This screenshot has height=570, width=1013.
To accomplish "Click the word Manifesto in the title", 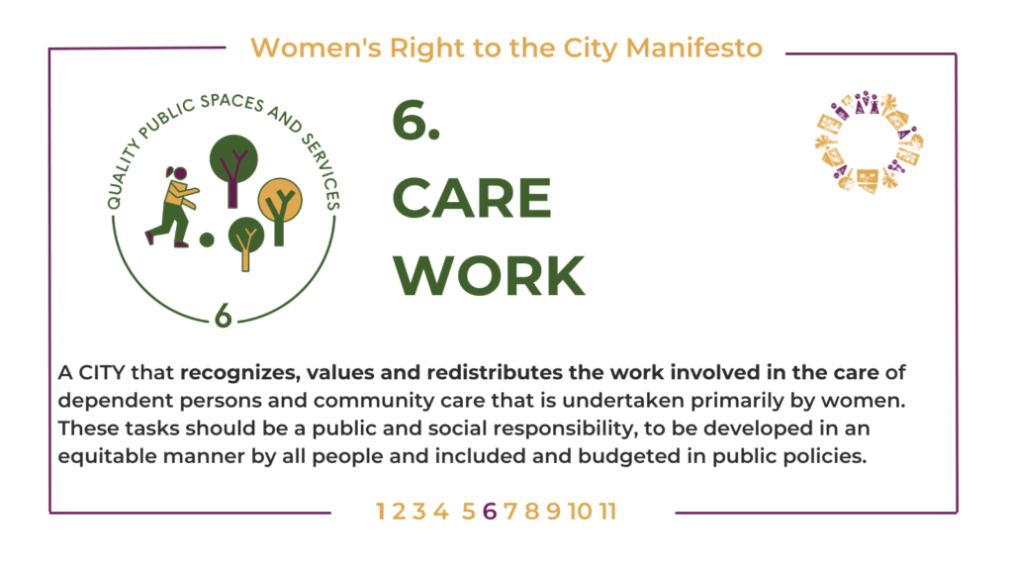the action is coord(693,47).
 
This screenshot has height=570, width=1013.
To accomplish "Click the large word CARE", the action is coord(472,198).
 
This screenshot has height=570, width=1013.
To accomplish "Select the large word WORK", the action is coord(489,276).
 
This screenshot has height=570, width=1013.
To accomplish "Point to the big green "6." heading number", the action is coord(416,121).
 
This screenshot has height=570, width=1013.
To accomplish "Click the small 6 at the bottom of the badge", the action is coord(223,316).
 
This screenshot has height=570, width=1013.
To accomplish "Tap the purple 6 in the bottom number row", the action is coord(490,512).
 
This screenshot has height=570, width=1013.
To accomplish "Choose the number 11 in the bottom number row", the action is coord(607,512).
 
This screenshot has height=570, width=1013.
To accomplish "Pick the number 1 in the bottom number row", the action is coord(381,512).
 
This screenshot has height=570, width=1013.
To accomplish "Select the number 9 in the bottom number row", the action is coord(554,512).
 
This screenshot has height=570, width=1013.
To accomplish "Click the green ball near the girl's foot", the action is coord(207,239).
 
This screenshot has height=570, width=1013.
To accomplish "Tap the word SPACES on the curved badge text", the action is coord(232,102).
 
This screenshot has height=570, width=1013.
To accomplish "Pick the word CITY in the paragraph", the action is coord(102,373).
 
